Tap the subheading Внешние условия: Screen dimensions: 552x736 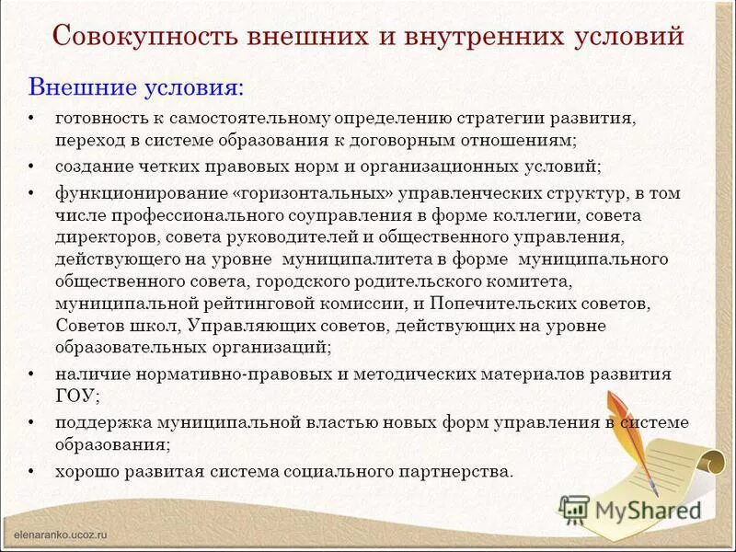click(137, 88)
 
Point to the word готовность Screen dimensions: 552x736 click(96, 120)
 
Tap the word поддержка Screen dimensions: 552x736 click(96, 422)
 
